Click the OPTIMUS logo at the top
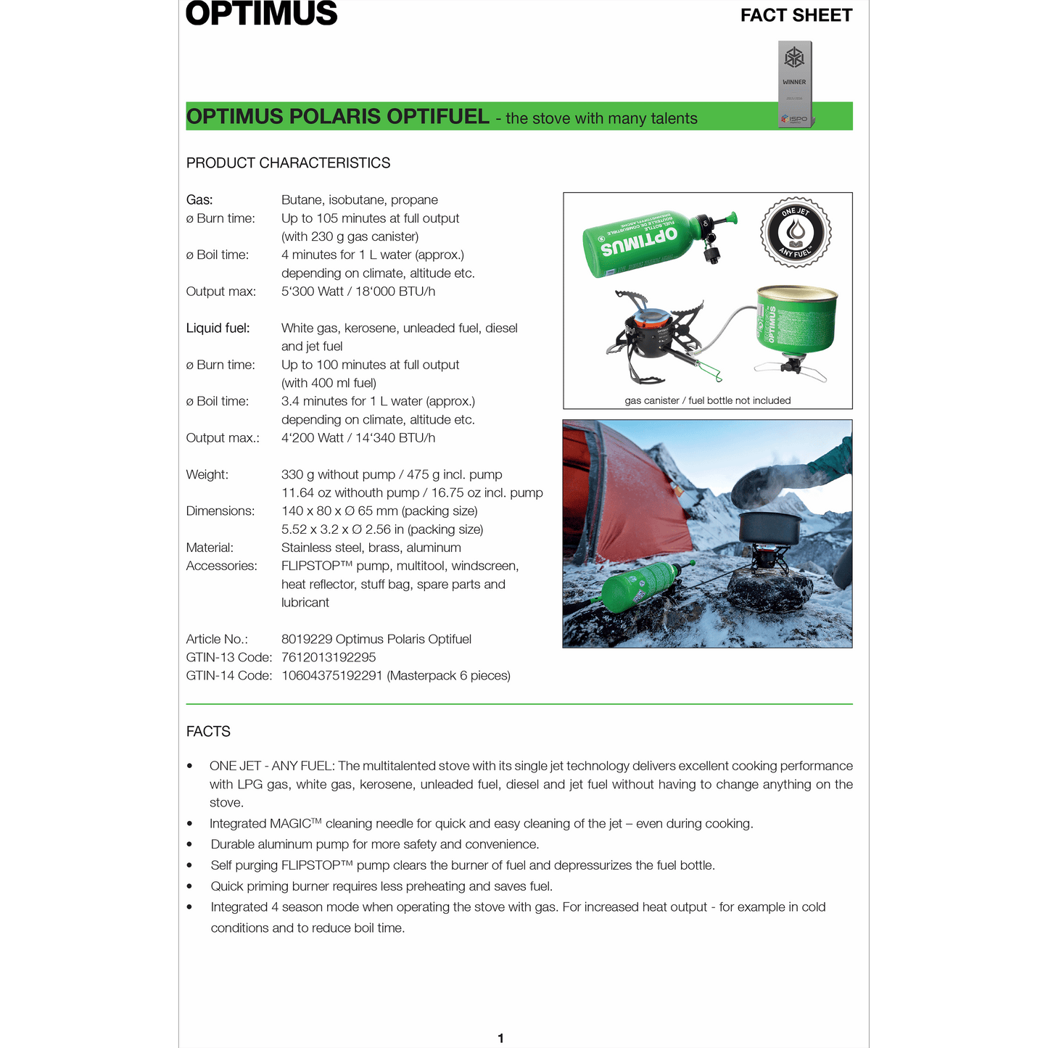pyautogui.click(x=262, y=14)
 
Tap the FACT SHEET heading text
pyautogui.click(x=796, y=15)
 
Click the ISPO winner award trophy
pyautogui.click(x=795, y=83)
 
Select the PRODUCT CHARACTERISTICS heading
pyautogui.click(x=288, y=163)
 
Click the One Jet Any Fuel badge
pyautogui.click(x=796, y=232)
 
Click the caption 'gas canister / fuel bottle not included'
pyautogui.click(x=707, y=400)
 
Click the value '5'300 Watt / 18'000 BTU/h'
pyautogui.click(x=358, y=292)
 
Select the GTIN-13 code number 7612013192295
pyautogui.click(x=329, y=658)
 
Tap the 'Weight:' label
pyautogui.click(x=207, y=475)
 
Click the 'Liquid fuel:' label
pyautogui.click(x=218, y=329)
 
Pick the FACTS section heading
pyautogui.click(x=208, y=732)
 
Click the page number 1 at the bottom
pyautogui.click(x=500, y=1039)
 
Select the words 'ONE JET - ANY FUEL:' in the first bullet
pyautogui.click(x=273, y=766)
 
